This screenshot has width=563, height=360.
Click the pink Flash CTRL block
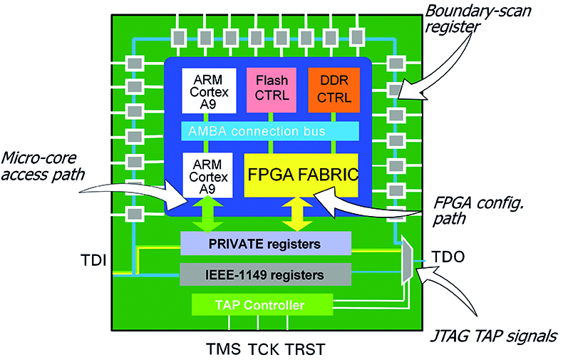coord(270,90)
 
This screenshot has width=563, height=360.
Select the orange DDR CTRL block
coord(334,90)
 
